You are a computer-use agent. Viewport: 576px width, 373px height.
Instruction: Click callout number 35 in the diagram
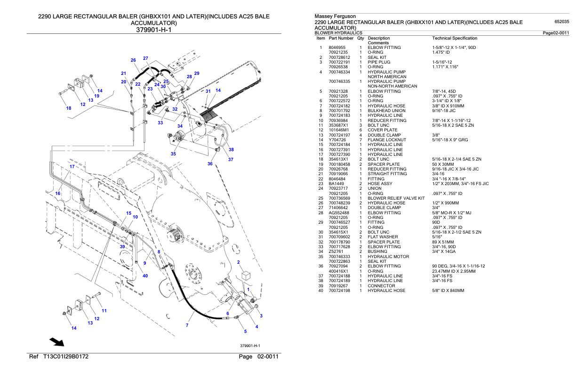click(173, 154)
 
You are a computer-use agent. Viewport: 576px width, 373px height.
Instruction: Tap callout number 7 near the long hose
click(187, 325)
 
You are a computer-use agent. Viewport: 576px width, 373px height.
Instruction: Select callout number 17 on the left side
click(72, 167)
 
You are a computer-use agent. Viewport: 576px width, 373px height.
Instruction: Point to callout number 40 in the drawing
click(145, 276)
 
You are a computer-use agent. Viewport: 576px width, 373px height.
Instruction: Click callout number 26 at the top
click(133, 60)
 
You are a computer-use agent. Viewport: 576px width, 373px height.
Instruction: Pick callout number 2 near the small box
click(239, 262)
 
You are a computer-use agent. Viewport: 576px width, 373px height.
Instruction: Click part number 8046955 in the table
click(338, 48)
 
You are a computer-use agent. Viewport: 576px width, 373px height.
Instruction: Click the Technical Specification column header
click(454, 38)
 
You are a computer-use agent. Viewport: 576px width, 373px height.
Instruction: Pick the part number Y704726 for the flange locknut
click(337, 139)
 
